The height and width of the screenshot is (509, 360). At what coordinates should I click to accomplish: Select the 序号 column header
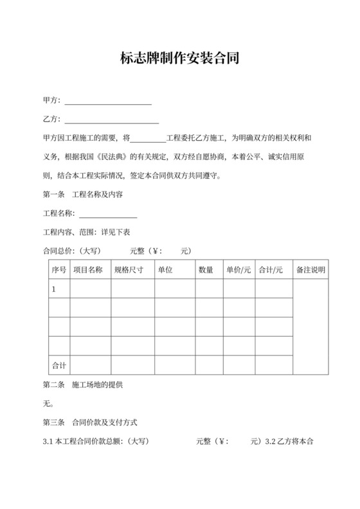pos(59,270)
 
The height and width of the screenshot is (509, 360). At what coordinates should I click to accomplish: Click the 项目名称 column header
pos(89,270)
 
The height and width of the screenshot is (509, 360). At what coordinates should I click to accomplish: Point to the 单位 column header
pos(165,270)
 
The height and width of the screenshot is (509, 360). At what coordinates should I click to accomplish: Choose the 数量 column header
pos(206,270)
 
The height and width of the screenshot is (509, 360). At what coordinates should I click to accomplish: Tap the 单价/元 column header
pos(239,270)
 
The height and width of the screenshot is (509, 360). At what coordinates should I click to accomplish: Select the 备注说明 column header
pos(310,270)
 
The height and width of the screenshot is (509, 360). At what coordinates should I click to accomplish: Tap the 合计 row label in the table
pos(59,365)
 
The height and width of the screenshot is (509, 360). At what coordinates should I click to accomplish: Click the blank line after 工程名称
pos(107,214)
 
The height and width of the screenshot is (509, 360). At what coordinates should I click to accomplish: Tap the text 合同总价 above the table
pos(56,251)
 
